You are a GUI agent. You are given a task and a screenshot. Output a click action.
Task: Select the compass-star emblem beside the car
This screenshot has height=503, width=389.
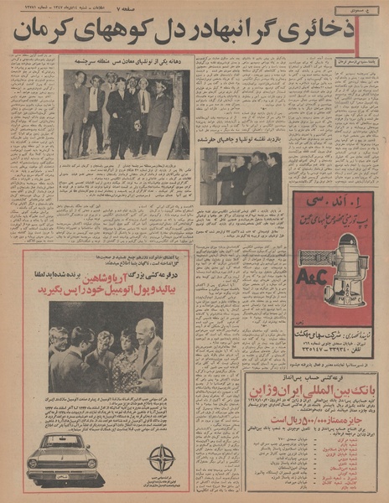click(161, 459)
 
